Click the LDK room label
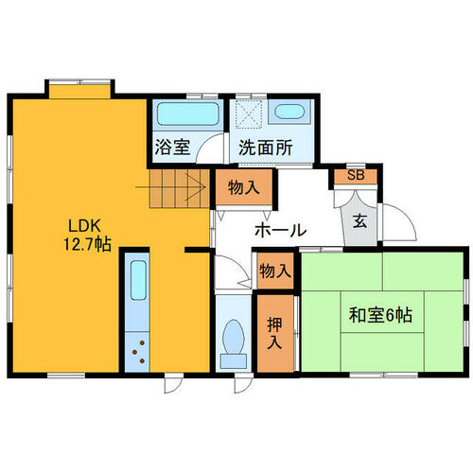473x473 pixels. click(x=84, y=226)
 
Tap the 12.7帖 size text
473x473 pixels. click(x=87, y=244)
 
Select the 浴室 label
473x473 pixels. click(x=172, y=148)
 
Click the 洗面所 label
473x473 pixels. click(x=266, y=148)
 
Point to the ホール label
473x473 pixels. click(x=280, y=231)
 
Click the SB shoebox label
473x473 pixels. click(x=356, y=175)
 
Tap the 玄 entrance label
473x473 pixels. click(x=359, y=220)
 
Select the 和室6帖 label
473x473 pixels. click(x=380, y=315)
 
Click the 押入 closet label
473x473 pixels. click(x=274, y=333)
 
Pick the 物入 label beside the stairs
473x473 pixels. click(x=244, y=188)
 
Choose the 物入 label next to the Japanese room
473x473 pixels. click(x=275, y=271)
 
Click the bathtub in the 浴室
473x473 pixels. click(x=188, y=114)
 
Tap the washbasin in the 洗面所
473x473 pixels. click(x=289, y=112)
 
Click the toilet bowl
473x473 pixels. click(x=234, y=337)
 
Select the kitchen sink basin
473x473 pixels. click(x=138, y=280)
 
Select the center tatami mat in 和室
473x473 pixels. click(x=382, y=311)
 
